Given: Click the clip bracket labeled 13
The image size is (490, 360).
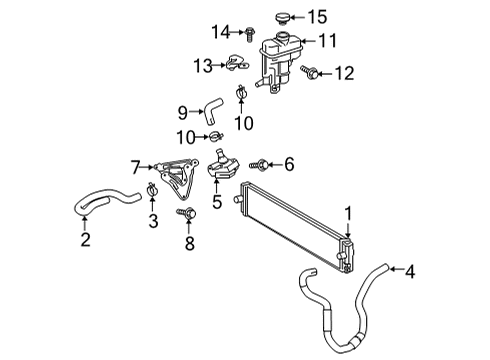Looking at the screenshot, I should click(x=237, y=65).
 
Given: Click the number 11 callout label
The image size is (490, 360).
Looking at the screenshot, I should click(x=327, y=41).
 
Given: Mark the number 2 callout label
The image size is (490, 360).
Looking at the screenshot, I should click(x=86, y=238).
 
